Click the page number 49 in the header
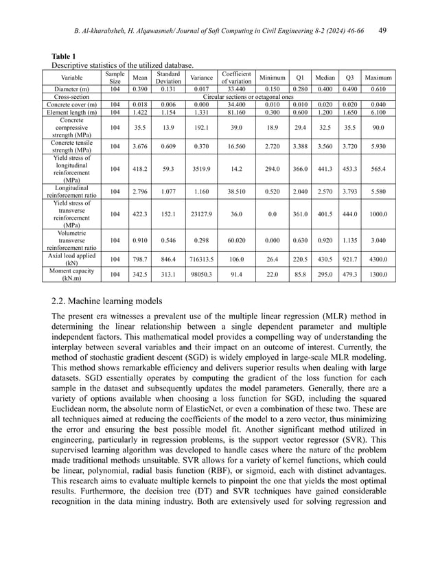(382, 30)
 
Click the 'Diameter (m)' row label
(77, 89)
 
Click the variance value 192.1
(200, 127)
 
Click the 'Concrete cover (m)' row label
(77, 104)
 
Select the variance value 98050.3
(200, 275)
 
